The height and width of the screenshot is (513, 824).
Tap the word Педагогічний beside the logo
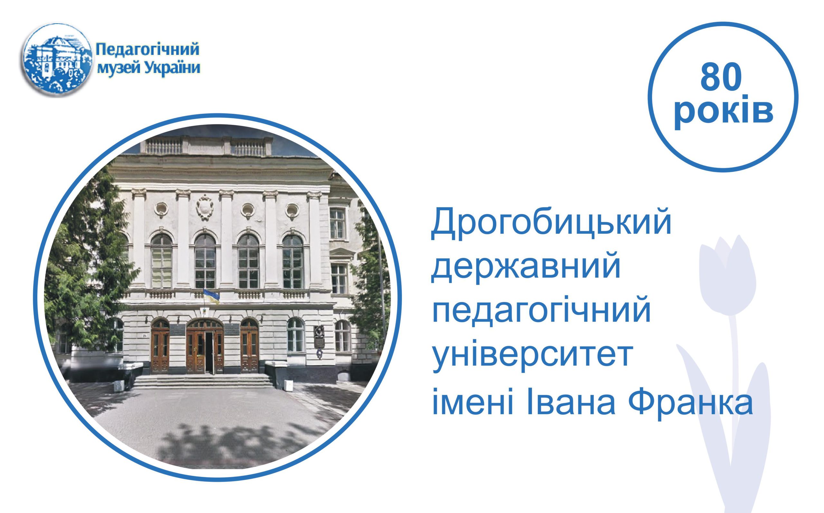(x=148, y=50)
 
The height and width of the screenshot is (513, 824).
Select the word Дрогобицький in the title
(x=551, y=224)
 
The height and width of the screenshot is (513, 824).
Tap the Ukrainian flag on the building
(x=211, y=296)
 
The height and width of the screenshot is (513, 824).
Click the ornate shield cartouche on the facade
(x=205, y=207)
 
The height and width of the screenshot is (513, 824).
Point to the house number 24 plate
(x=145, y=336)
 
